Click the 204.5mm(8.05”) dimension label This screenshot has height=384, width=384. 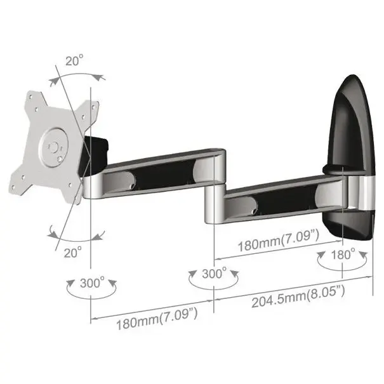pyautogui.click(x=298, y=296)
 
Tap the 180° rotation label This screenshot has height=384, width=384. pyautogui.click(x=343, y=255)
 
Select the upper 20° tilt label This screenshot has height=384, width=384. pyautogui.click(x=74, y=60)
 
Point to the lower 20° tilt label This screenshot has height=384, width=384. pyautogui.click(x=73, y=252)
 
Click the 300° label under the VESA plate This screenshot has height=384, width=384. pyautogui.click(x=92, y=283)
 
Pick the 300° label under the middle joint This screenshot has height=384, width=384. pyautogui.click(x=215, y=273)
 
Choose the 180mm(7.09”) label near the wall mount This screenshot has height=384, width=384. pyautogui.click(x=279, y=241)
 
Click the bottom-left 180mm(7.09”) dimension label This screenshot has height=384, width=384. pyautogui.click(x=157, y=319)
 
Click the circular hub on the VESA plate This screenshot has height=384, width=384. pyautogui.click(x=55, y=147)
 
